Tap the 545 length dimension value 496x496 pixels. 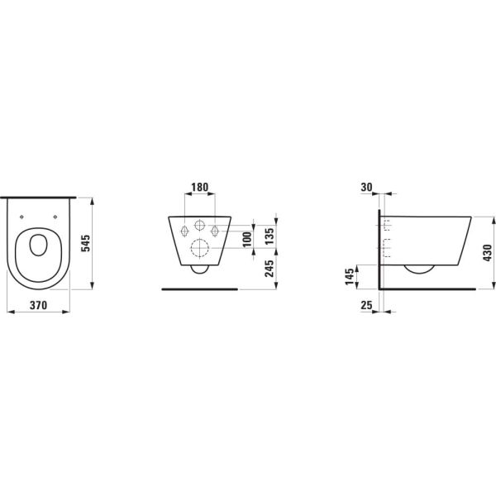[x=85, y=243]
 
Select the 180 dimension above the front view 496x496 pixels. [x=199, y=188]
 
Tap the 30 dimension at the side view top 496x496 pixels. [x=368, y=188]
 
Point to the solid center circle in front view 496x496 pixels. [x=199, y=226]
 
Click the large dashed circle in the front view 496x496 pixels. [x=199, y=248]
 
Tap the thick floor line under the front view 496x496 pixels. [x=199, y=289]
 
